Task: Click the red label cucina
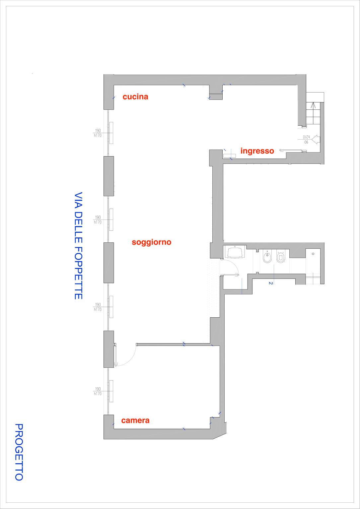click(x=135, y=97)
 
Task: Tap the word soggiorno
click(x=151, y=242)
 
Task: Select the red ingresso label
click(x=257, y=151)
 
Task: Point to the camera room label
click(x=135, y=420)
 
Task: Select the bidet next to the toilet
click(x=267, y=257)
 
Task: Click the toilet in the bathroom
click(x=280, y=257)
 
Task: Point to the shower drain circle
click(x=313, y=254)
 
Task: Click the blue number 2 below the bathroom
click(x=271, y=283)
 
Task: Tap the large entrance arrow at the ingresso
click(x=315, y=139)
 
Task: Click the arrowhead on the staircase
click(x=313, y=105)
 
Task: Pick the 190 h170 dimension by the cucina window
click(x=98, y=133)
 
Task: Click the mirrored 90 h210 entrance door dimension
click(x=306, y=140)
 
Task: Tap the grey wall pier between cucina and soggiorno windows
click(x=109, y=176)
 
